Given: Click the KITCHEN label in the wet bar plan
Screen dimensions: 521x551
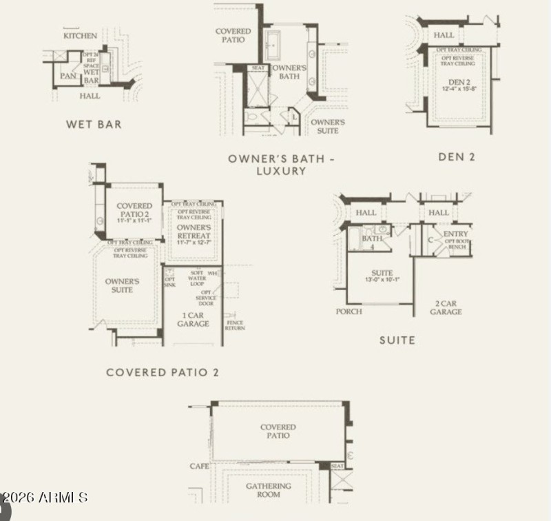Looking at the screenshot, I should [x=81, y=35].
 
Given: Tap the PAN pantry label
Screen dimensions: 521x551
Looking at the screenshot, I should [x=67, y=76].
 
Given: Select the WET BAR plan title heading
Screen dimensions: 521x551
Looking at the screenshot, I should [x=94, y=125].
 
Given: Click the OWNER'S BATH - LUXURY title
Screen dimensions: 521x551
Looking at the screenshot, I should [x=282, y=165].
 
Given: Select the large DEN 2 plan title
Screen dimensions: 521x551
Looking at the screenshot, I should [x=457, y=157].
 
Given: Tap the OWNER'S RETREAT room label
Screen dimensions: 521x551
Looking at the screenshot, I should [x=193, y=232].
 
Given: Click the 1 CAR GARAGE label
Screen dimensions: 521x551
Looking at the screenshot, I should [x=193, y=319].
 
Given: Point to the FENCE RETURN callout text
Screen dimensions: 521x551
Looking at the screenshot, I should [x=235, y=325].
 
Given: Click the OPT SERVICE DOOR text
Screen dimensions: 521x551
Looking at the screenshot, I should [x=205, y=298].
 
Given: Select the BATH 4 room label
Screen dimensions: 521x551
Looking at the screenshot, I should [x=371, y=242].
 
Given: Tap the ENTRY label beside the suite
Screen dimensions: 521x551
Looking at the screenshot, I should [x=456, y=234].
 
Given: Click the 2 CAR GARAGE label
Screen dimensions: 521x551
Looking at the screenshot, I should [x=446, y=307].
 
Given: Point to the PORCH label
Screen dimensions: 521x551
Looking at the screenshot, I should [x=349, y=311].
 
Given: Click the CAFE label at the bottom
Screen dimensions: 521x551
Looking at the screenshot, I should [x=199, y=467].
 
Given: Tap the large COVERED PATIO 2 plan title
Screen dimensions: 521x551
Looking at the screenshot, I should [x=163, y=373].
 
